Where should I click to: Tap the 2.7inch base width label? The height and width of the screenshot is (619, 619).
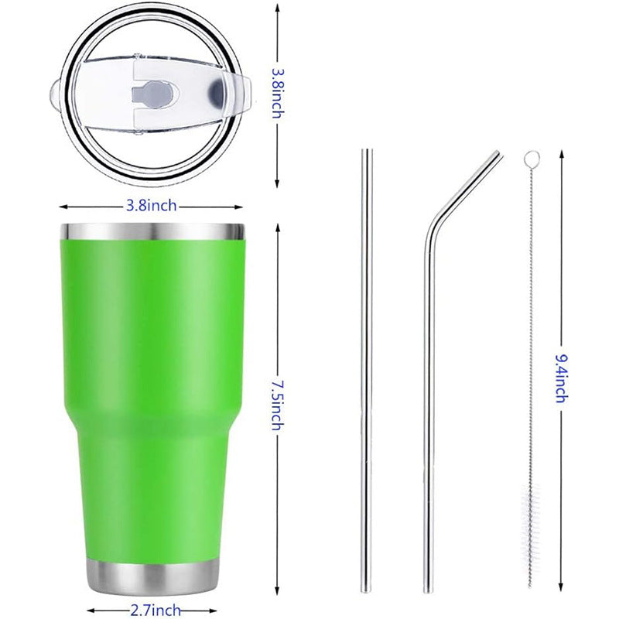coord(155,609)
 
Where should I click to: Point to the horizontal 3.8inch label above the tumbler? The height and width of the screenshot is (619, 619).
coord(152,206)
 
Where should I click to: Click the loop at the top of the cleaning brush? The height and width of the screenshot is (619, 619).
coord(530,159)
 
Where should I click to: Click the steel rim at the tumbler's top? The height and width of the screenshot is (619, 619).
coord(152,232)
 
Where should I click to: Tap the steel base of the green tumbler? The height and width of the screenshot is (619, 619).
coord(153,577)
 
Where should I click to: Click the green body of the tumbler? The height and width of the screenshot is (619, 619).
coord(153,387)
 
